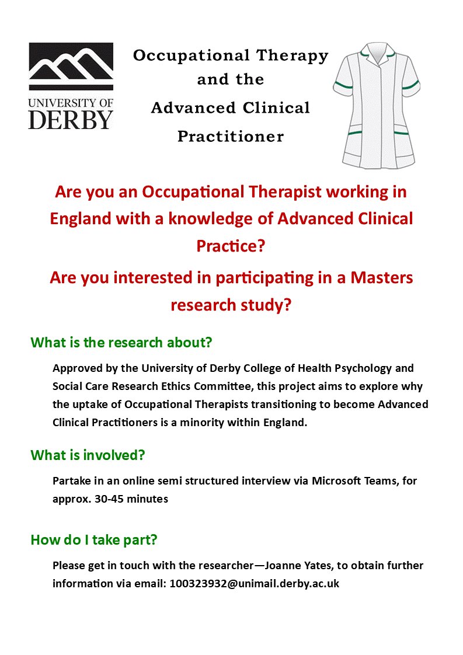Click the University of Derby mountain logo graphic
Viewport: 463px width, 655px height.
click(71, 67)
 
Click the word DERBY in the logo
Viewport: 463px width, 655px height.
click(71, 119)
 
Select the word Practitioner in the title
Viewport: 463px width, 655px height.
click(231, 137)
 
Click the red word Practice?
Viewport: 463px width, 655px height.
click(231, 246)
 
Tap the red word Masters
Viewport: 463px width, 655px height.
click(381, 277)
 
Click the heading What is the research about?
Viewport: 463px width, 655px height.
click(121, 343)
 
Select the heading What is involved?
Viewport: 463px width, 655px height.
click(88, 455)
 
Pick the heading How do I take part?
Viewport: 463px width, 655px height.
click(94, 540)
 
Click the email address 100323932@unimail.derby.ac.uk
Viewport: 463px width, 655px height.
click(255, 583)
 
